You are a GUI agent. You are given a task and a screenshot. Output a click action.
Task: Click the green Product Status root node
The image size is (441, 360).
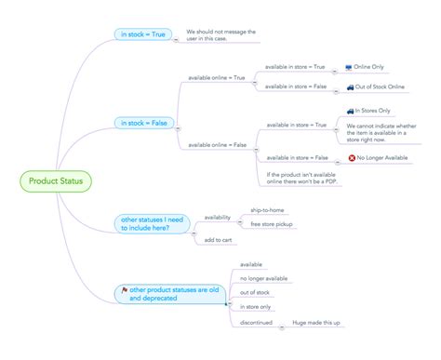pyautogui.click(x=54, y=180)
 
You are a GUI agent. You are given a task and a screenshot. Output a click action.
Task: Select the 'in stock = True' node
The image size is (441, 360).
pyautogui.click(x=142, y=34)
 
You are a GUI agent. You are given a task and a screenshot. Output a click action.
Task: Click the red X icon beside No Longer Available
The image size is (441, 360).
pyautogui.click(x=351, y=158)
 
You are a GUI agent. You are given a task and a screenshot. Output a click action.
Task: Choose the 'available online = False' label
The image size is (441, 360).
pyautogui.click(x=218, y=144)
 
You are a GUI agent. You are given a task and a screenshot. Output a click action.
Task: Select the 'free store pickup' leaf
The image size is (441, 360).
pyautogui.click(x=272, y=224)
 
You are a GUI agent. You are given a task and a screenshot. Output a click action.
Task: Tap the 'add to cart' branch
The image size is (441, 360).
pyautogui.click(x=218, y=241)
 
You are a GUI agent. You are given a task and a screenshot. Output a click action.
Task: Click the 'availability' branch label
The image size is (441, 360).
pyautogui.click(x=217, y=217)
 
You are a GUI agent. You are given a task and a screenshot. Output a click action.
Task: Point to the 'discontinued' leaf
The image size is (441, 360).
pyautogui.click(x=256, y=322)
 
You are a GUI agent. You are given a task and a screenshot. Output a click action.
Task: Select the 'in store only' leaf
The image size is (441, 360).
pyautogui.click(x=256, y=307)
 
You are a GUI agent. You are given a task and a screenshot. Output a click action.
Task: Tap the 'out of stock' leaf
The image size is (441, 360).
pyautogui.click(x=255, y=292)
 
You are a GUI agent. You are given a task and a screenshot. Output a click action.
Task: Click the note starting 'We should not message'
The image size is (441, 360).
pyautogui.click(x=220, y=34)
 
